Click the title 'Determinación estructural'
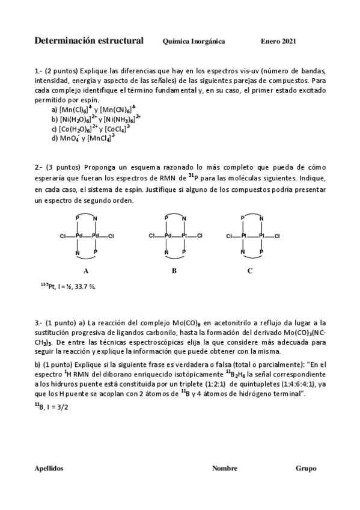[x=89, y=41]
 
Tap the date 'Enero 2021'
[x=278, y=41]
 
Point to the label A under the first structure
[x=86, y=271]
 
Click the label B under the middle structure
[x=174, y=271]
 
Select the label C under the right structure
[x=249, y=271]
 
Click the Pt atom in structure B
[x=185, y=236]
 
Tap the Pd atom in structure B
[x=168, y=236]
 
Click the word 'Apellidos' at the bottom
[x=49, y=468]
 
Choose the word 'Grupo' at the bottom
[x=306, y=468]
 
